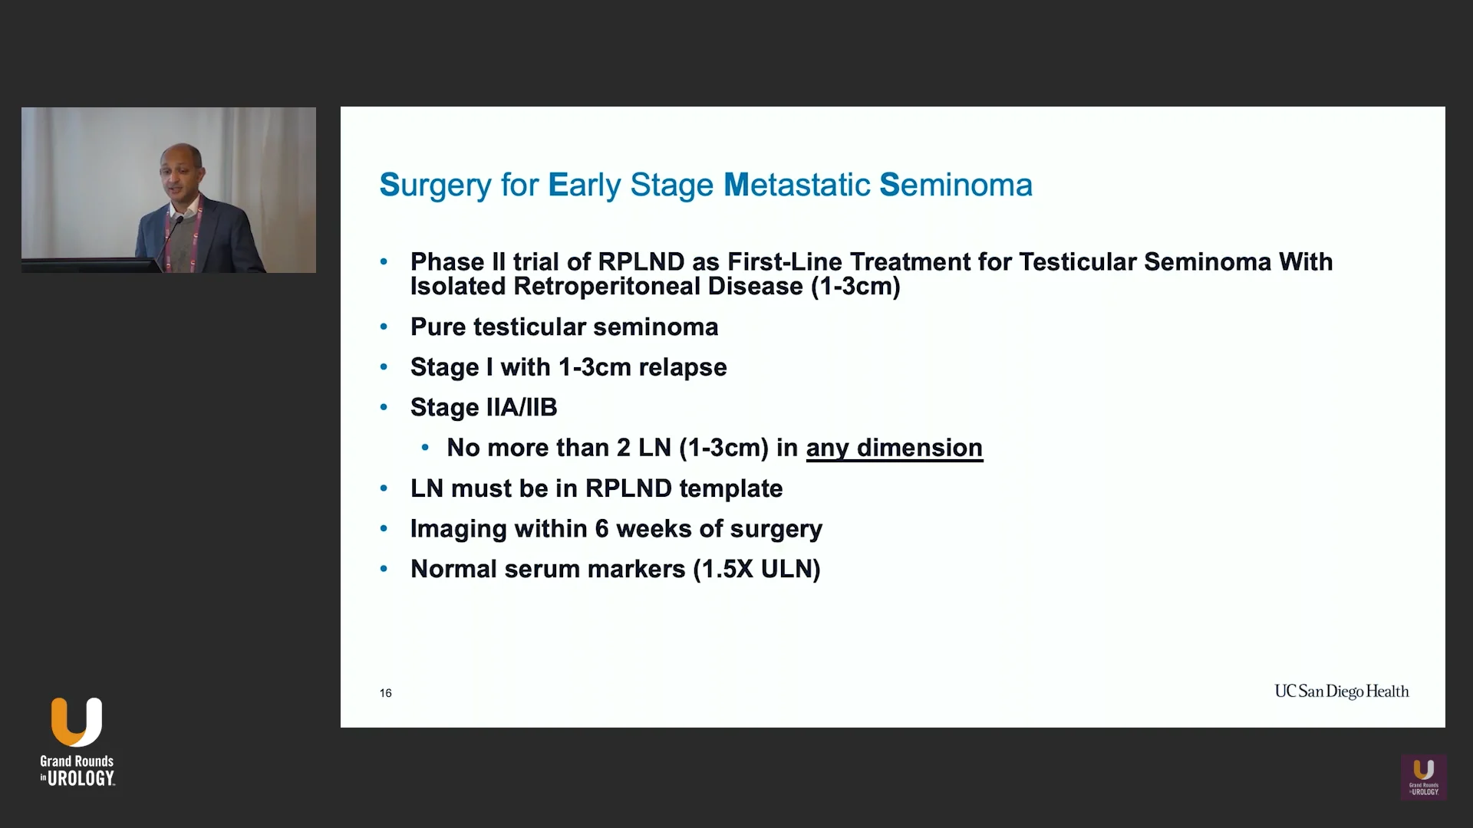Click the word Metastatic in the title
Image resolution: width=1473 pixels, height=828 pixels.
pos(796,186)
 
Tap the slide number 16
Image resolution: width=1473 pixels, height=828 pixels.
pos(385,693)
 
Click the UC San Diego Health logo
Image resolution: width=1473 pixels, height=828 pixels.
pos(1341,692)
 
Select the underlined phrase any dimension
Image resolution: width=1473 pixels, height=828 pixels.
pos(894,448)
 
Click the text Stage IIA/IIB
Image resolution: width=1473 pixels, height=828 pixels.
pos(483,407)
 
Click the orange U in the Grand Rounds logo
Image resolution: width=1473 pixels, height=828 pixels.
pos(76,721)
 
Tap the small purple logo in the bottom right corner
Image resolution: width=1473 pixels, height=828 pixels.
pos(1424,777)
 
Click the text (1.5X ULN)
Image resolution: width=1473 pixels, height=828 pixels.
pos(756,569)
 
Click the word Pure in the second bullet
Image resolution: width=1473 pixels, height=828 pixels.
pos(437,327)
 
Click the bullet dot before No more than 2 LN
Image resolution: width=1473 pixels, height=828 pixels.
pos(425,448)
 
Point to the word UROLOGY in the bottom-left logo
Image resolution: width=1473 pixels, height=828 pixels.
pos(81,779)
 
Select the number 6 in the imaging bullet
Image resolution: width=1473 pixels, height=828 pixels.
pos(601,529)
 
